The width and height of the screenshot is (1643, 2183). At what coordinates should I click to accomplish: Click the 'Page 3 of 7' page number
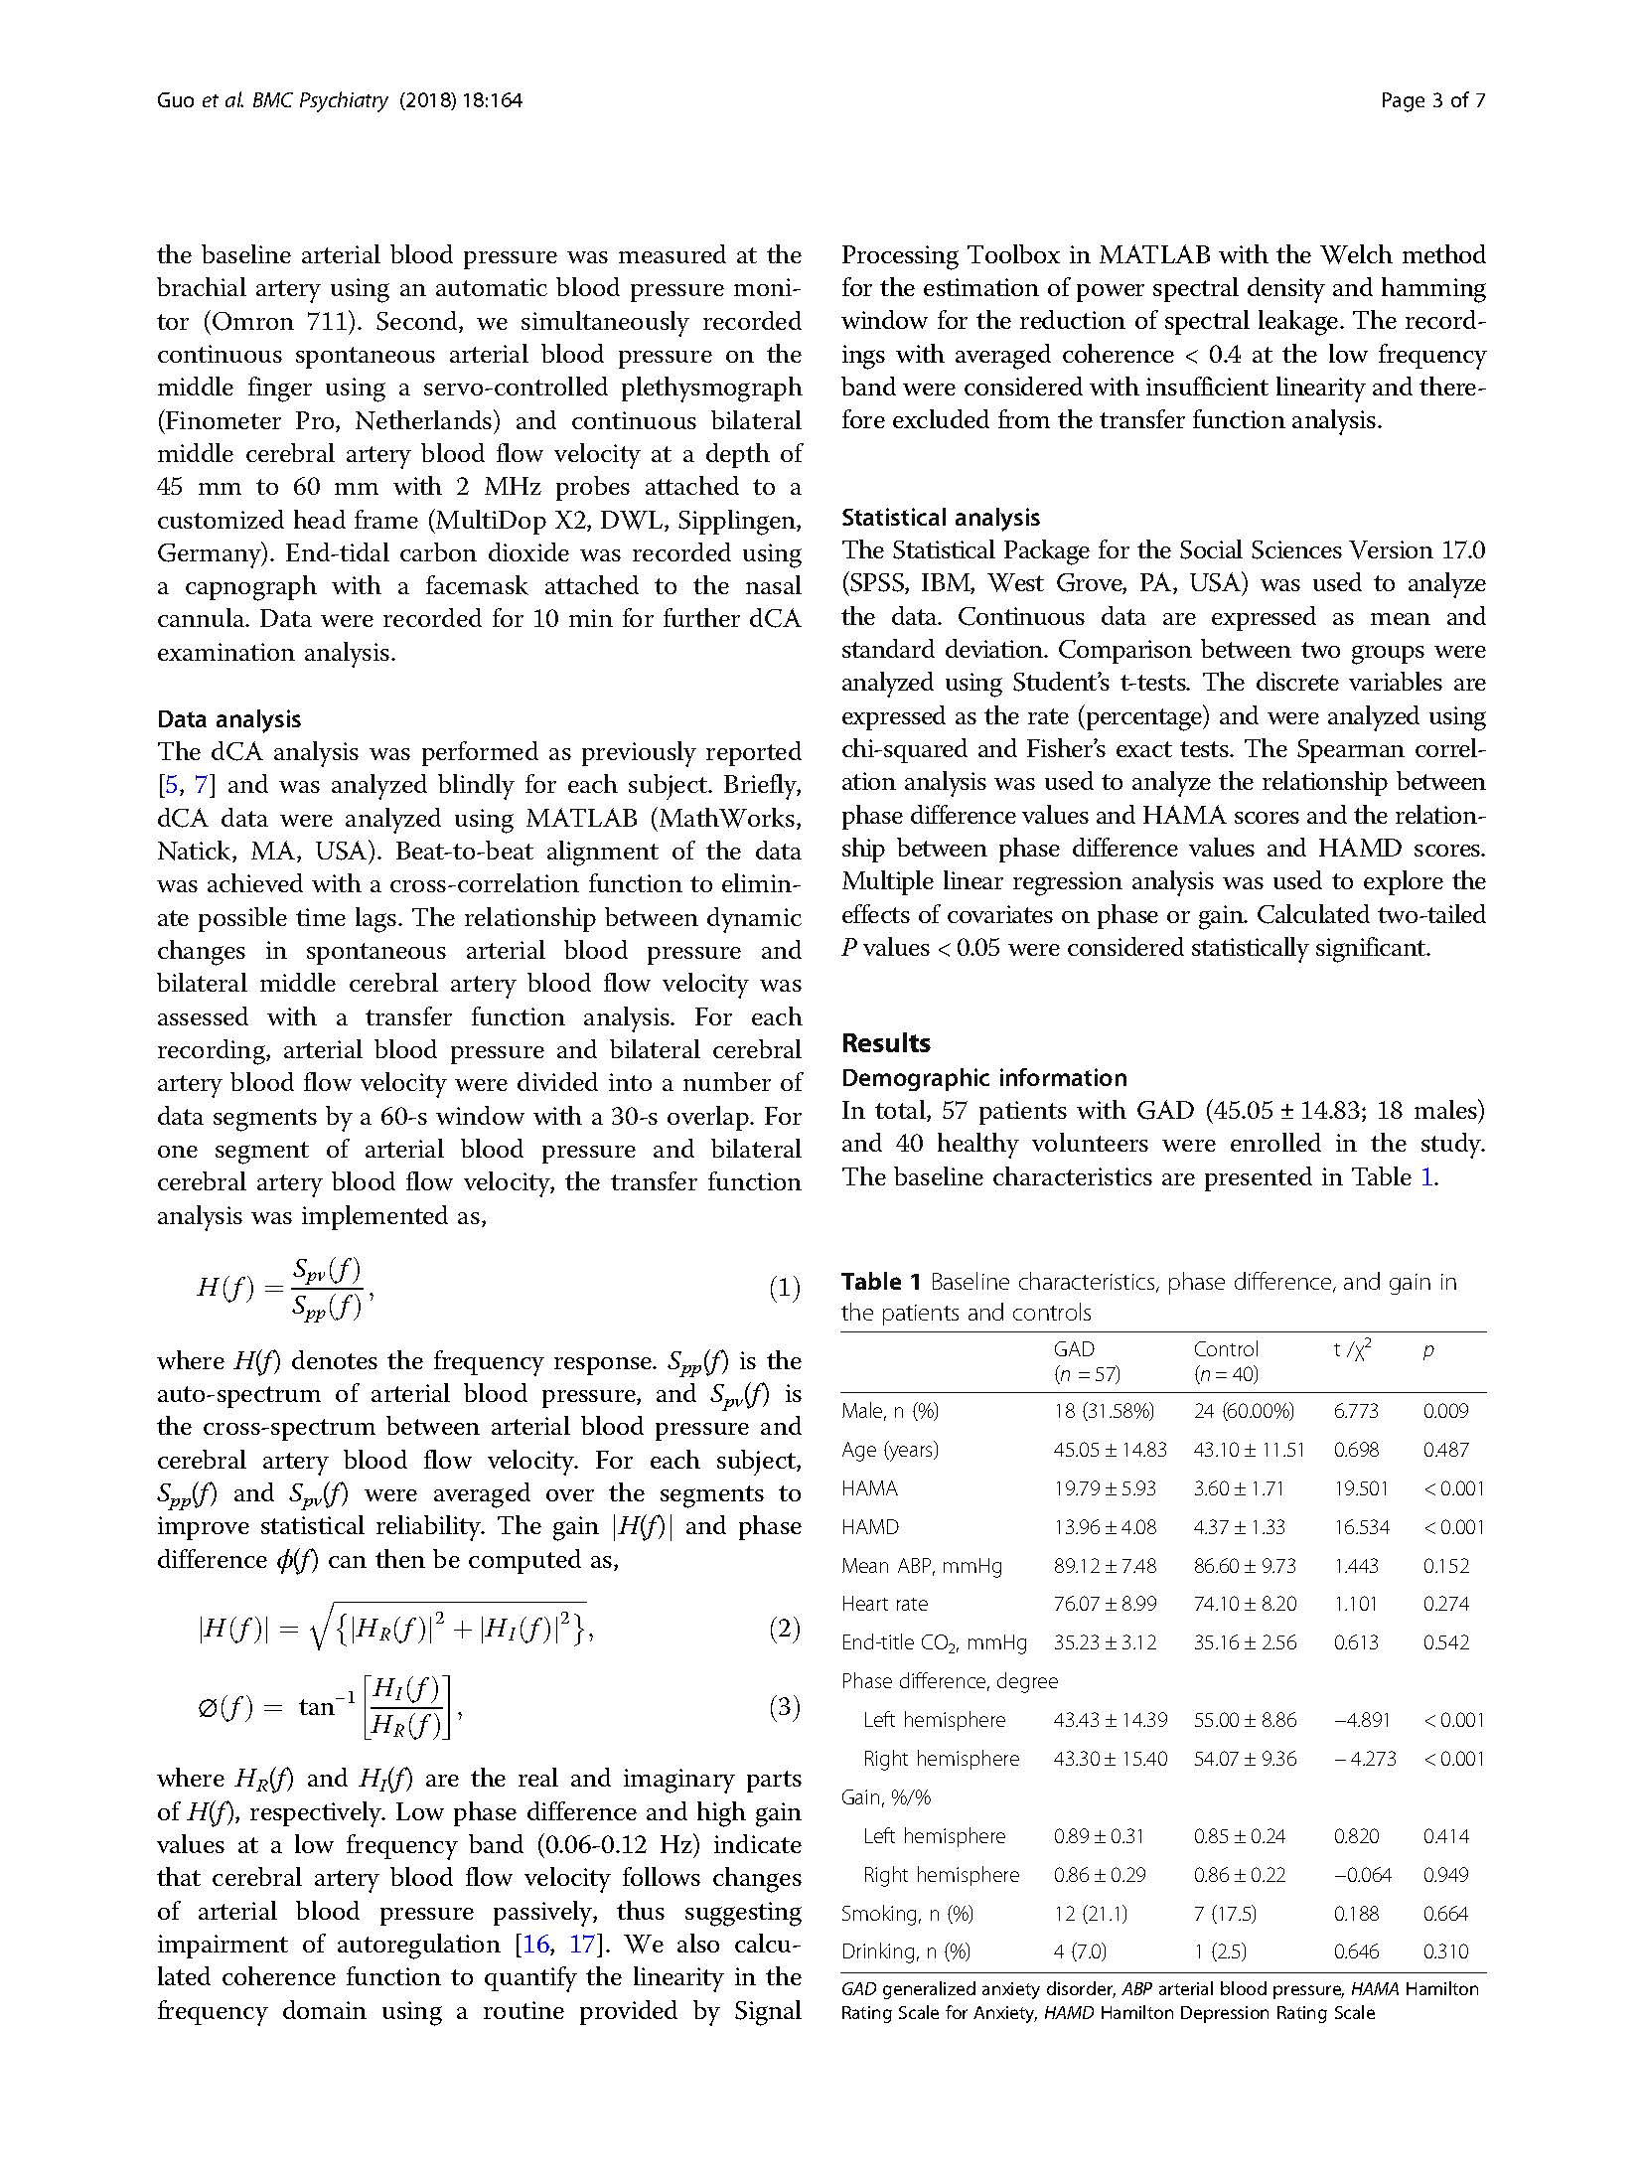pos(1432,100)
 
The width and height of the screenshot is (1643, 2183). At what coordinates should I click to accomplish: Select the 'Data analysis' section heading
pos(228,718)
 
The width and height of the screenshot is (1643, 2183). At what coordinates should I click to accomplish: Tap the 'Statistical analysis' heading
pos(940,517)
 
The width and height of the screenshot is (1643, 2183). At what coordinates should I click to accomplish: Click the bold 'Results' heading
pos(885,1042)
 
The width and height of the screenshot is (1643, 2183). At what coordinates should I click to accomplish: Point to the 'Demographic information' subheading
pos(983,1077)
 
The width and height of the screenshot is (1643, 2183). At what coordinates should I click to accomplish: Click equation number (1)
pos(784,1289)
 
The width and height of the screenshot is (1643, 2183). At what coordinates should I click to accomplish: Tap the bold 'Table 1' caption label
pos(880,1282)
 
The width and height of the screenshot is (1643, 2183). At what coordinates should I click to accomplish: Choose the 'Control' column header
pos(1226,1348)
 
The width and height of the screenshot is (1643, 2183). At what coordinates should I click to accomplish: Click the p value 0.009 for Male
pos(1445,1410)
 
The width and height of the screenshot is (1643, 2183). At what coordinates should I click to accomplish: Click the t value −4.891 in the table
pos(1361,1719)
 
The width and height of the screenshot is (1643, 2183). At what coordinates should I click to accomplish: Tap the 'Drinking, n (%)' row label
pos(905,1950)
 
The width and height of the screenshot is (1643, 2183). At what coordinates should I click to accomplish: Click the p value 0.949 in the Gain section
pos(1445,1874)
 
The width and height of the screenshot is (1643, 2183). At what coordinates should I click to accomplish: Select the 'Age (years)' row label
pos(889,1449)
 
